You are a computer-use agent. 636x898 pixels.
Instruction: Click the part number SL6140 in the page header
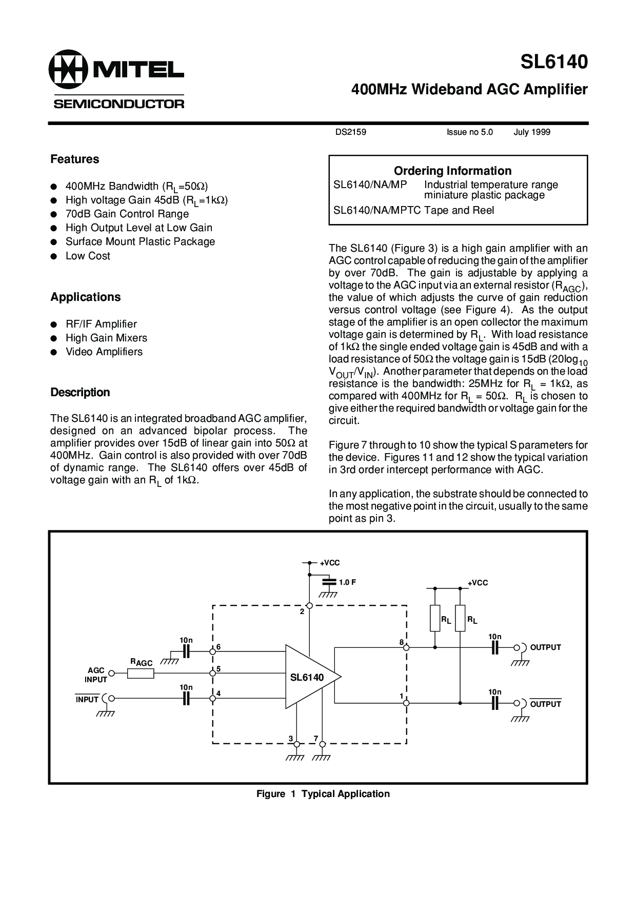click(554, 63)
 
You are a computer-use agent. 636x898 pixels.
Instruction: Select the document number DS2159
click(351, 132)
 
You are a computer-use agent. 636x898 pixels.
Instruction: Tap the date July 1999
click(532, 132)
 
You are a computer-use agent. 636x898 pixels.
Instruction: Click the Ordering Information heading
click(452, 171)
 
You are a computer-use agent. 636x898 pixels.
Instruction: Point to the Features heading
click(74, 159)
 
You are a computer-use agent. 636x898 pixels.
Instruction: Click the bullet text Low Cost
click(88, 256)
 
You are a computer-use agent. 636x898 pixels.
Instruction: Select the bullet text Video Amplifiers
click(104, 352)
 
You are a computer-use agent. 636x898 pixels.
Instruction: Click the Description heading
click(80, 393)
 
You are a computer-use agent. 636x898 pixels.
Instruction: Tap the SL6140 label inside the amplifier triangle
click(307, 677)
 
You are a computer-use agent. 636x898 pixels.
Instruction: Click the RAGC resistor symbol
click(141, 673)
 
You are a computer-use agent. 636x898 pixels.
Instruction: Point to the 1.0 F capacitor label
click(347, 582)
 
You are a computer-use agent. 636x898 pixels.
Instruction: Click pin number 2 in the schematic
click(302, 611)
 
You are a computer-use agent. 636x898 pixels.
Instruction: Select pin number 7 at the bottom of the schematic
click(316, 739)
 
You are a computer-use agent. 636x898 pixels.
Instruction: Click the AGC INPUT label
click(96, 675)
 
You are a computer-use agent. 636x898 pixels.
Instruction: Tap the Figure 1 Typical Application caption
click(323, 794)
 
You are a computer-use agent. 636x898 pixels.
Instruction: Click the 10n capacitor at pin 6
click(186, 651)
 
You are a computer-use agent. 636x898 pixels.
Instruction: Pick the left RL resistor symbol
click(435, 618)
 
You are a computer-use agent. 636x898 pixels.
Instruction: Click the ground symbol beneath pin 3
click(294, 758)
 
